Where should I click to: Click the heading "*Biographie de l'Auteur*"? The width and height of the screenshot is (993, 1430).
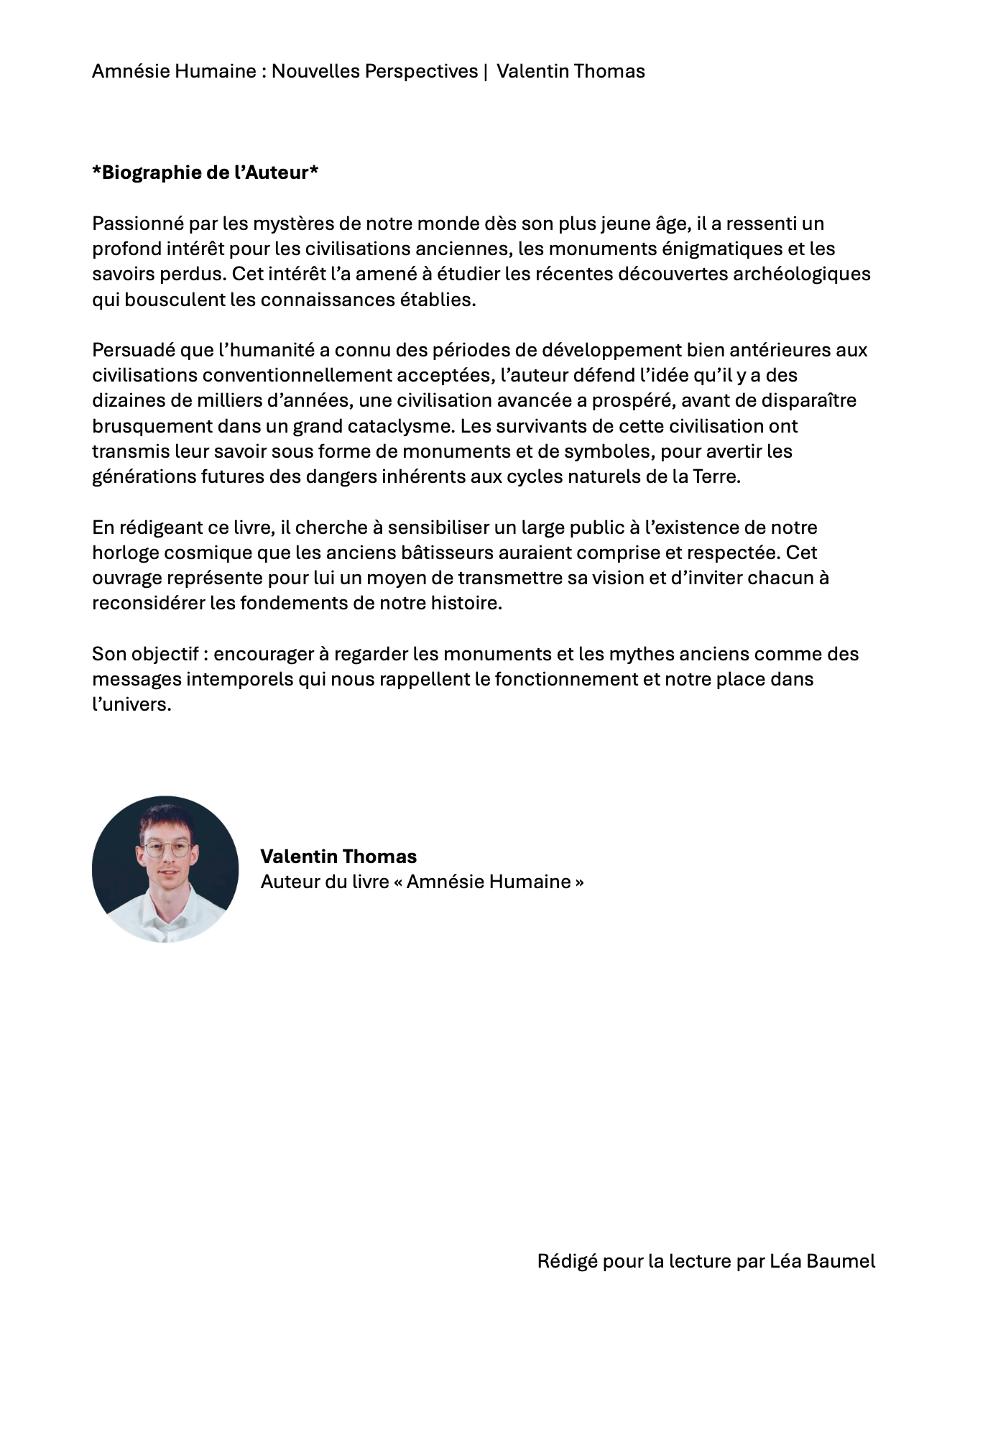pyautogui.click(x=205, y=173)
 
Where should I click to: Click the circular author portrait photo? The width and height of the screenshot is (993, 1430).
pyautogui.click(x=165, y=869)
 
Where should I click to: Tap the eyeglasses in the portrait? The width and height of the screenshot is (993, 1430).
pyautogui.click(x=167, y=849)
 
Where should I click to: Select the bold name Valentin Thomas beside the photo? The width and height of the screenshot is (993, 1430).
pyautogui.click(x=338, y=857)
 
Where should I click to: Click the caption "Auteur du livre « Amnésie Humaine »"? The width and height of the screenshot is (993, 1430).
pyautogui.click(x=422, y=882)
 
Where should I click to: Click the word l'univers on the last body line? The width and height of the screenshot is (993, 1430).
pyautogui.click(x=131, y=705)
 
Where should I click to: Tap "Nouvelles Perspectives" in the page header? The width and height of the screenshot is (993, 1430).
pyautogui.click(x=374, y=72)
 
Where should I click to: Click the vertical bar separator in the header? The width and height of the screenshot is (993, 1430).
pyautogui.click(x=486, y=72)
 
